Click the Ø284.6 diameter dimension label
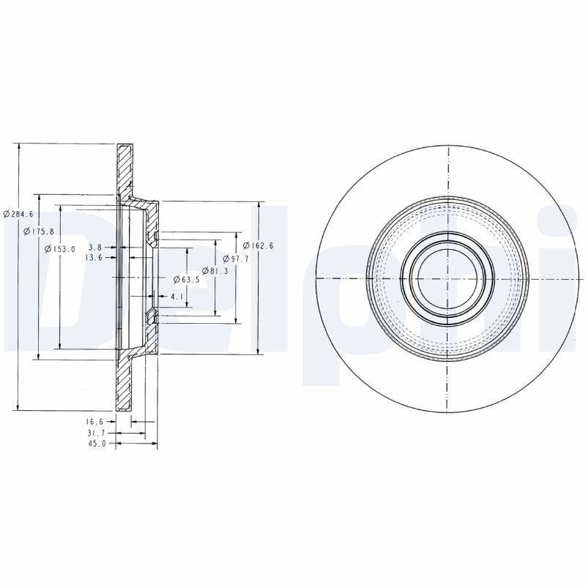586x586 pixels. [18, 214]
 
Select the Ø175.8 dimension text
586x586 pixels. [39, 231]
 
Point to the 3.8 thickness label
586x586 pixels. [94, 248]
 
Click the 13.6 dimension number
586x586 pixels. [93, 258]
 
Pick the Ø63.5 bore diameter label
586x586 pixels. [186, 280]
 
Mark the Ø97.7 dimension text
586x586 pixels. [237, 259]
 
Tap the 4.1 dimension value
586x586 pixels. [176, 297]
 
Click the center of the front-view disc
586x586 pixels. [447, 278]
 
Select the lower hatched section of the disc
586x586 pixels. [125, 385]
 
